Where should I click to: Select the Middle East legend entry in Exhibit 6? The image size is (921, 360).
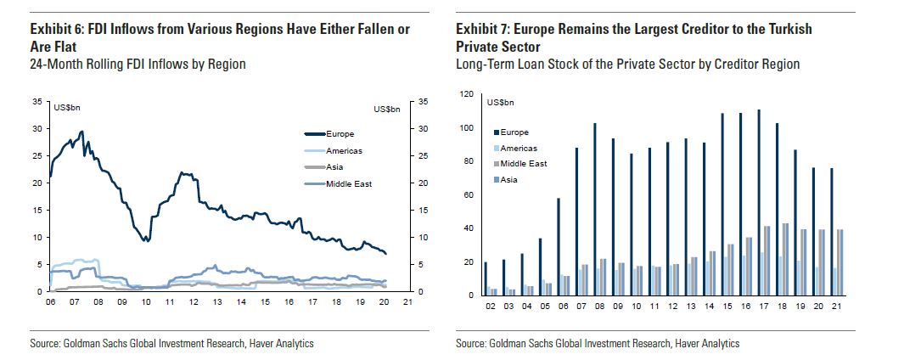click(x=349, y=183)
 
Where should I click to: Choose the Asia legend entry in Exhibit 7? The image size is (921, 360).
click(x=509, y=179)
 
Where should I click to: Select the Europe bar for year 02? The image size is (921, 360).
click(x=486, y=278)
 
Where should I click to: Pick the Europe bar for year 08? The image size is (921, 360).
click(x=595, y=209)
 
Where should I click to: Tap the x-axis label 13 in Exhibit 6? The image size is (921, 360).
click(x=217, y=301)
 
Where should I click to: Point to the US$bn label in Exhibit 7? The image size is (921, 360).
click(x=501, y=103)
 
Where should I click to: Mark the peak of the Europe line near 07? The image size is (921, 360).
click(x=81, y=132)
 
